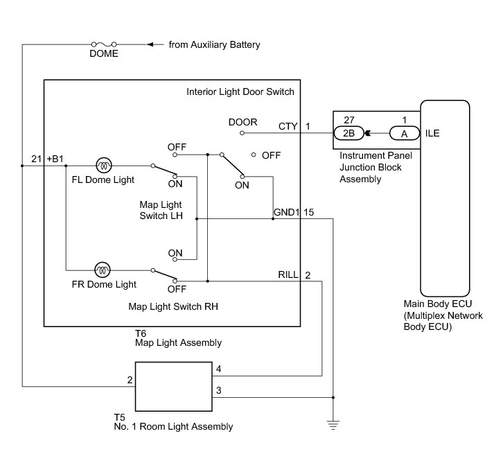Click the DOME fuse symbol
(x=104, y=44)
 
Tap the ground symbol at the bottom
(x=333, y=425)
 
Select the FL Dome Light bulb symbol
(x=104, y=166)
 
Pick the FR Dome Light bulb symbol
(x=103, y=270)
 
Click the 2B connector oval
(x=349, y=133)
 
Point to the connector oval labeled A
(x=405, y=133)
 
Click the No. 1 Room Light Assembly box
(x=174, y=387)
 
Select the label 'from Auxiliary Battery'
(x=214, y=45)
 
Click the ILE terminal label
(x=432, y=133)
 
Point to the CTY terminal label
(x=288, y=126)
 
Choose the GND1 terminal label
(x=286, y=212)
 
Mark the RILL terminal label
(x=288, y=274)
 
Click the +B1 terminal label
(x=55, y=159)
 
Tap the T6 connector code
(x=141, y=333)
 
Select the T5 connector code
(x=119, y=417)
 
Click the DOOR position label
(x=243, y=122)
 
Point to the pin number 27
(x=349, y=120)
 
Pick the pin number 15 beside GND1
(x=309, y=212)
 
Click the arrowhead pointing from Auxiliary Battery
(x=150, y=44)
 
